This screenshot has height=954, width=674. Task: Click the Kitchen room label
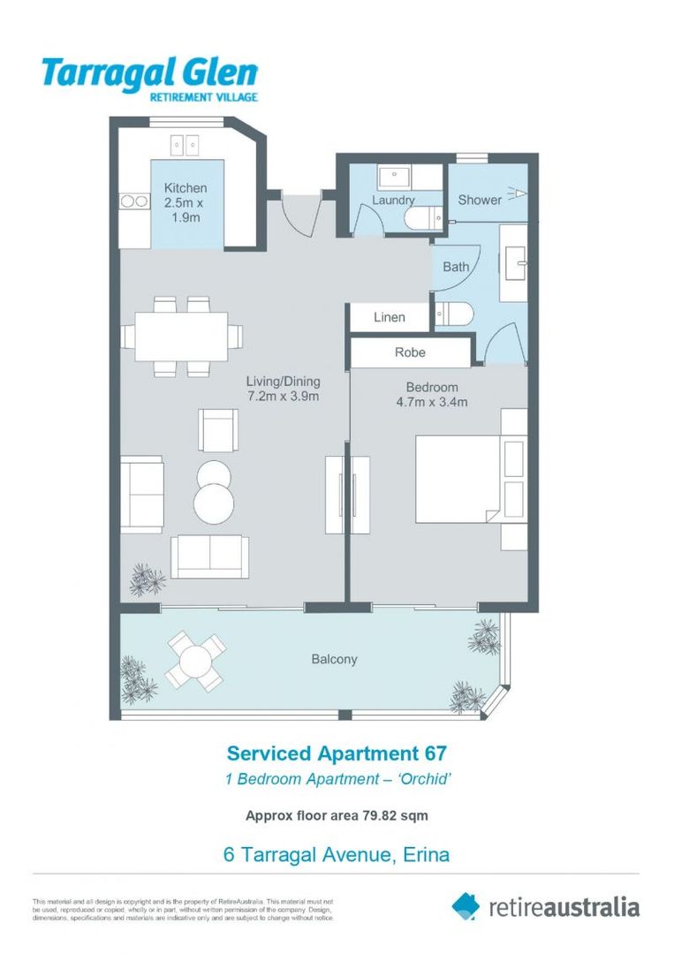coord(186,188)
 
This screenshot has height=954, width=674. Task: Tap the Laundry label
coord(393,201)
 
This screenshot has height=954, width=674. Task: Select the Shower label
coord(480,200)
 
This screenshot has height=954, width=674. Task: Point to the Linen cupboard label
coord(390,317)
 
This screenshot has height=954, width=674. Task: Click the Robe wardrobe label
coord(410,352)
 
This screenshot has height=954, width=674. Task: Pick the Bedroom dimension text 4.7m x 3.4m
coord(432,403)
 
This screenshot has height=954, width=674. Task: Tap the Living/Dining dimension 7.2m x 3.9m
coord(283,397)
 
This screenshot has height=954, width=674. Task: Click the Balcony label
coord(334,659)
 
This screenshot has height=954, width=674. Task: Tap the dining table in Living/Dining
coord(181,336)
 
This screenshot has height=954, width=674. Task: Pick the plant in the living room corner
coord(147,579)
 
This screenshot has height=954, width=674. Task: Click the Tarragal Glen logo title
coord(150,72)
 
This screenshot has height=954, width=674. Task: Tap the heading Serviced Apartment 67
coord(337,753)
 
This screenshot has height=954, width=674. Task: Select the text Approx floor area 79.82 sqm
coord(337,815)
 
